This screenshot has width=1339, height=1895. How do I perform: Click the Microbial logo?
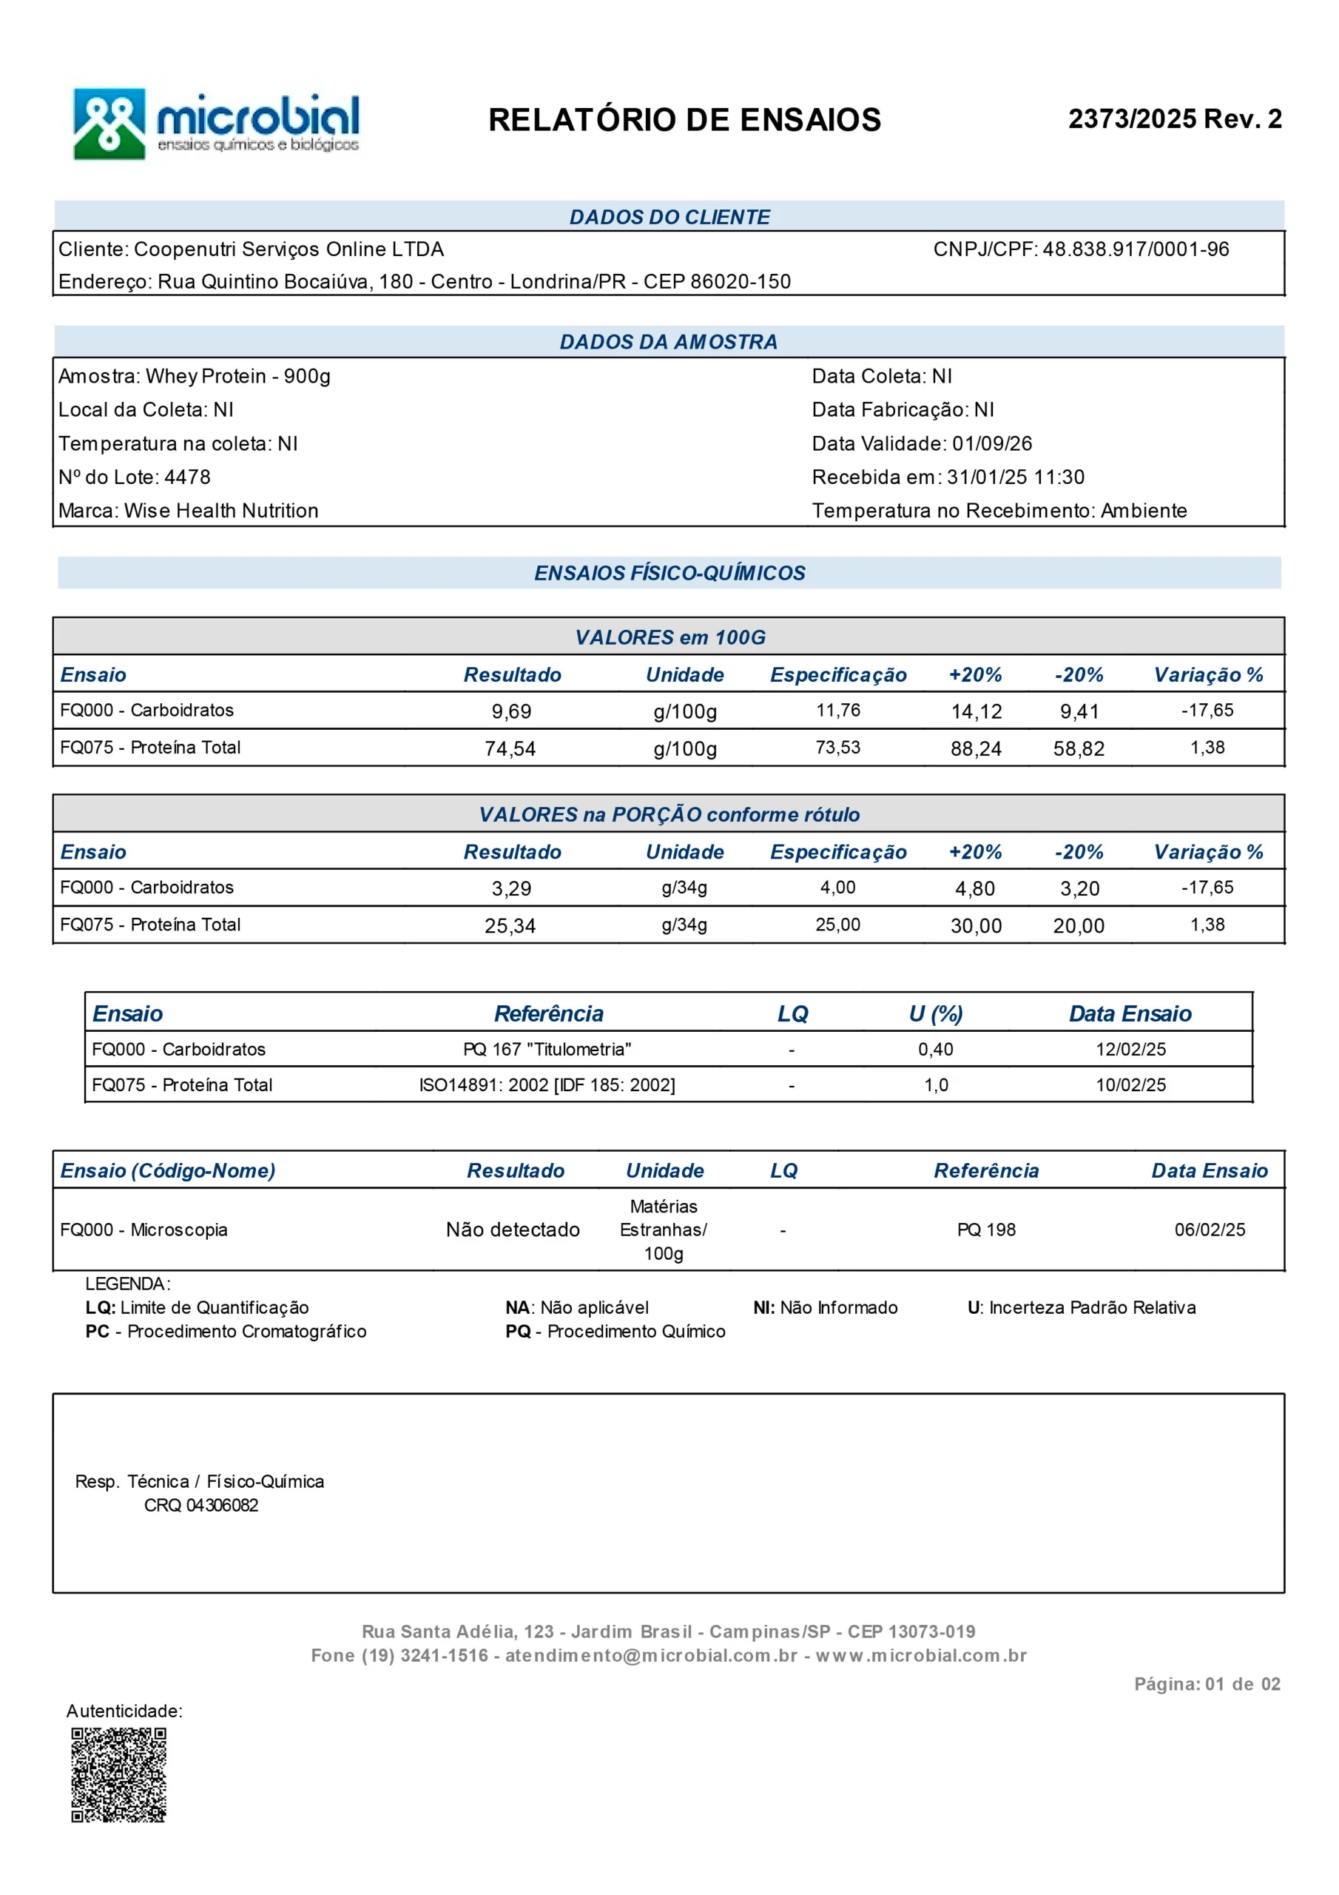pos(216,124)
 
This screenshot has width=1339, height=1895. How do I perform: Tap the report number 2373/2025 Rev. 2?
pos(1174,119)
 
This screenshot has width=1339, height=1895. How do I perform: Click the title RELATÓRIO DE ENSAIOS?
pos(684,120)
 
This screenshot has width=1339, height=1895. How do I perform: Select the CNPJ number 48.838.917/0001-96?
pos(1136,249)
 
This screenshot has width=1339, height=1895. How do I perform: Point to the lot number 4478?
pos(187,477)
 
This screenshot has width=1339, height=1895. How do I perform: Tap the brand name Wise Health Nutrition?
pos(221,511)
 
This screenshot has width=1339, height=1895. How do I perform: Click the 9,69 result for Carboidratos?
pos(510,711)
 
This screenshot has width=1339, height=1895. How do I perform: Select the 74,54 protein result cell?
pos(510,748)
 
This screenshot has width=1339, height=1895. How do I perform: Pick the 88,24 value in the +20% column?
pos(976,748)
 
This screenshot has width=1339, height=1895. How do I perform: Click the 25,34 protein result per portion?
pos(510,926)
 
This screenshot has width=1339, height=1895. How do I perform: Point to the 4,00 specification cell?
pos(837,888)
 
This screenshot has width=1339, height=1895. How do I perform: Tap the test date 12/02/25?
pos(1130,1050)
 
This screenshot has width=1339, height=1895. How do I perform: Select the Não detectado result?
pos(513,1230)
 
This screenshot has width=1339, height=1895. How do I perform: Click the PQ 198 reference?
pos(986,1230)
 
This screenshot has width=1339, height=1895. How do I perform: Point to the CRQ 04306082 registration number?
pos(200,1506)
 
